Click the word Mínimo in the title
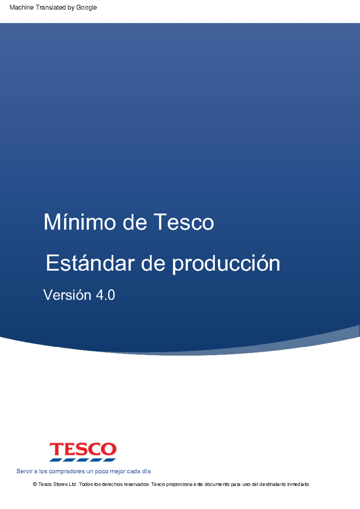click(x=80, y=222)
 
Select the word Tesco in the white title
click(x=184, y=222)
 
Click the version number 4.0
click(x=105, y=295)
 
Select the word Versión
click(x=67, y=295)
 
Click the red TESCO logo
click(x=83, y=449)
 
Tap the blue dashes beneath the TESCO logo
click(x=83, y=460)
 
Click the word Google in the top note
click(x=86, y=7)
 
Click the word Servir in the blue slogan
click(x=24, y=471)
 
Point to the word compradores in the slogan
click(x=67, y=471)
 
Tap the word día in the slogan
click(x=146, y=471)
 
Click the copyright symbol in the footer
click(x=35, y=484)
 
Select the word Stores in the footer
click(x=60, y=484)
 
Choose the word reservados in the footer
click(x=136, y=484)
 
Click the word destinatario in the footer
click(x=272, y=484)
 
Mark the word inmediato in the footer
click(x=298, y=484)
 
